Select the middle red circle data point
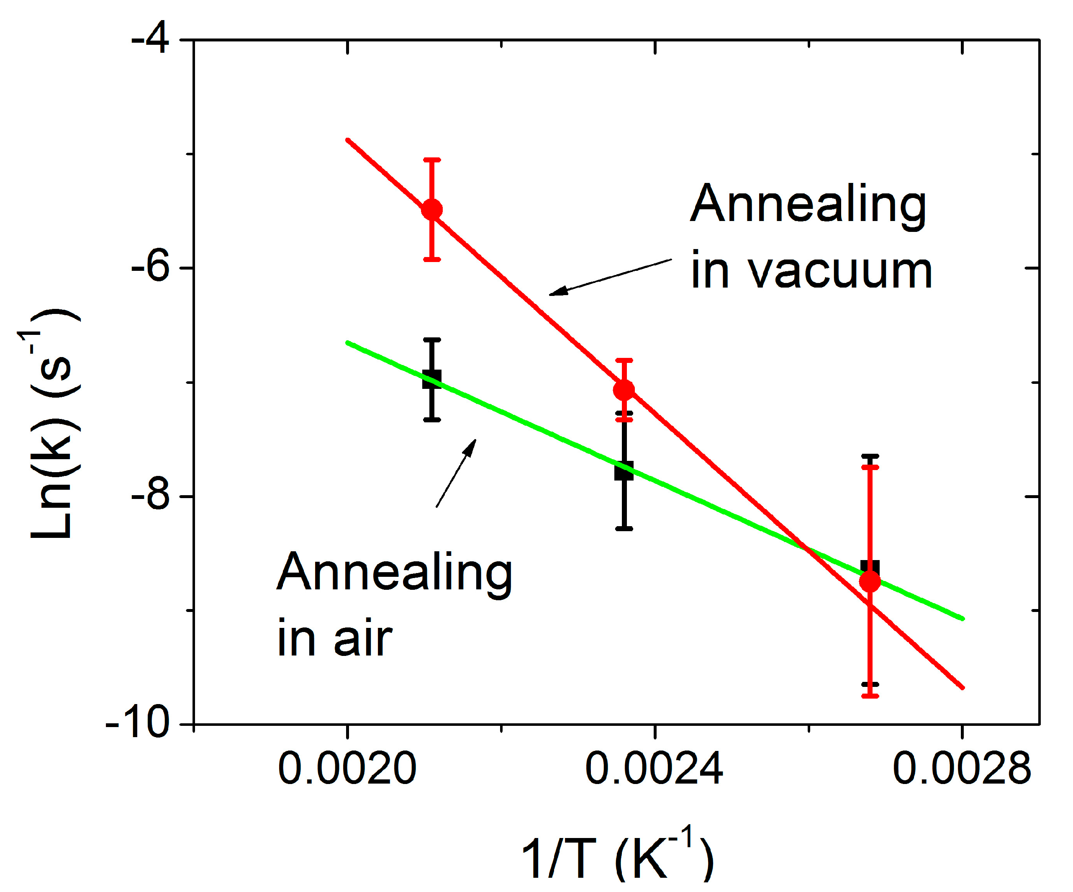click(624, 390)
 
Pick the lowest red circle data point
click(870, 581)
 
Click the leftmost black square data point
click(432, 379)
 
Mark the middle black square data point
click(624, 470)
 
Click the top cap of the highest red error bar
click(432, 160)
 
